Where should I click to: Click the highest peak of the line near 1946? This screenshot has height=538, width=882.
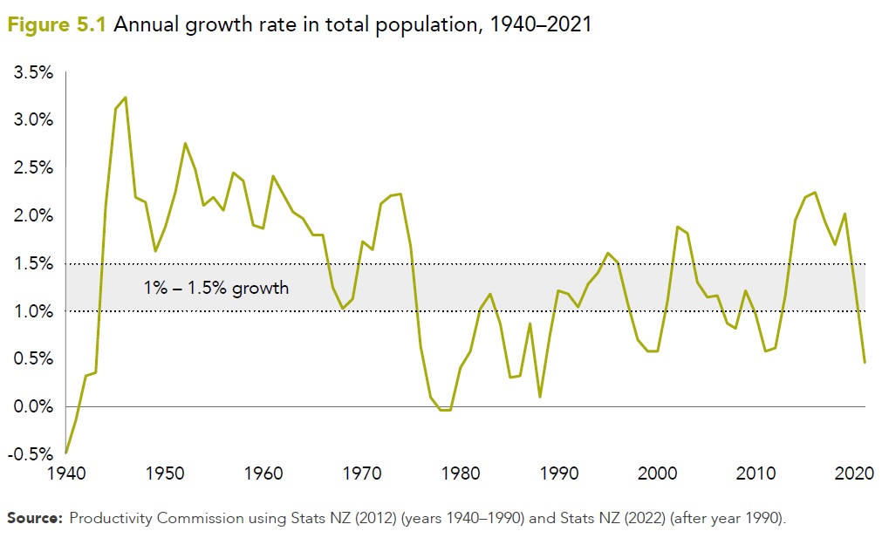[x=126, y=97]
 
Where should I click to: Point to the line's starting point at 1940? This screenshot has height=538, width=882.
[x=66, y=453]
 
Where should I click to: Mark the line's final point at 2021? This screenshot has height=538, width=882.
[x=865, y=362]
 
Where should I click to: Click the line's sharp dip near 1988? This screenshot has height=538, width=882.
[x=540, y=397]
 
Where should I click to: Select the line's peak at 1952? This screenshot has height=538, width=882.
[x=185, y=143]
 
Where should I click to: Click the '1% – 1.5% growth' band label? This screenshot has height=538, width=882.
[x=215, y=287]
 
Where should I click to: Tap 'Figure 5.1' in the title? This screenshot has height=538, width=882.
[x=56, y=24]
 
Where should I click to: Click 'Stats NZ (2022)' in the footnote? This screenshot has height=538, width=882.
[x=588, y=519]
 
